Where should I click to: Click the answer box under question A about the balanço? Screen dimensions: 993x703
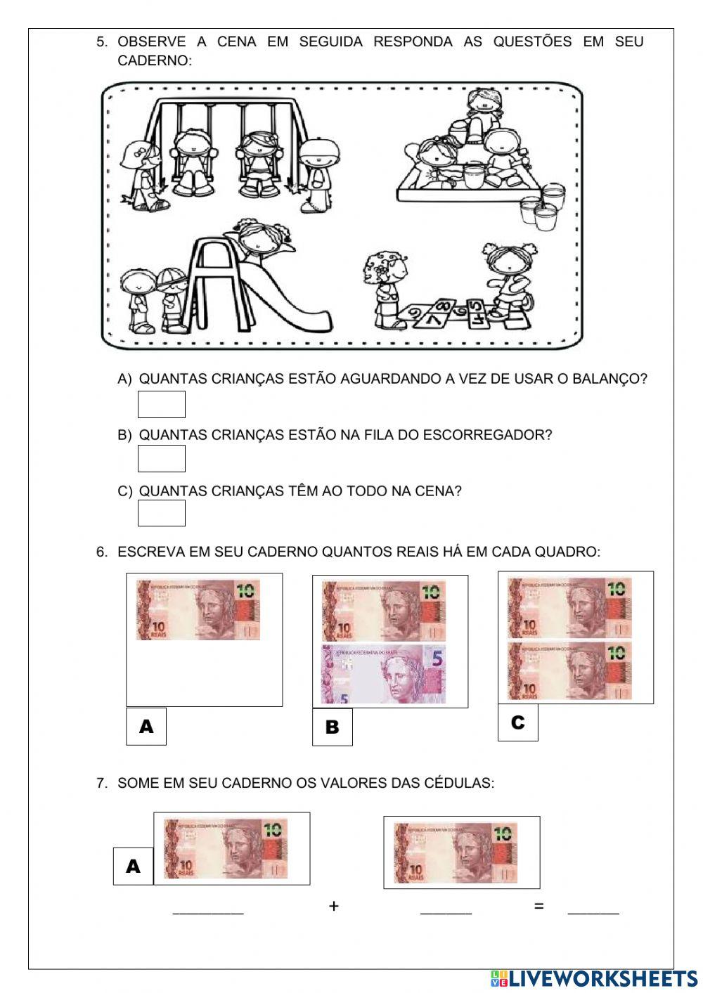[161, 405]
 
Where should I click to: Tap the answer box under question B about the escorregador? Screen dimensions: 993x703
[161, 459]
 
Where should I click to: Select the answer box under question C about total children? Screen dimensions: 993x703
[161, 513]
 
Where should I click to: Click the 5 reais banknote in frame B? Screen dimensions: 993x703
[384, 675]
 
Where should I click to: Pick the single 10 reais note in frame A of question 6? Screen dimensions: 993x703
[198, 609]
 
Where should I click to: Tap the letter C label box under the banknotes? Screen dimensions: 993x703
[517, 722]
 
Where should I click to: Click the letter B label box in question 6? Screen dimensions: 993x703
[332, 727]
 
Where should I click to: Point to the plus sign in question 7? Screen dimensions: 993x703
[333, 907]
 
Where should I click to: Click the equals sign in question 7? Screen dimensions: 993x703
[538, 907]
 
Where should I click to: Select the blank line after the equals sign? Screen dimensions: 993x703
[593, 912]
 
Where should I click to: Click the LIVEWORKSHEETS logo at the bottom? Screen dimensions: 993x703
[594, 978]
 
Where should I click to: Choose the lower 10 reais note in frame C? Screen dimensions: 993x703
[570, 671]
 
